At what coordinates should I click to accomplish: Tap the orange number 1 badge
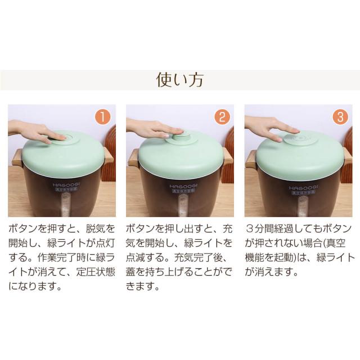(x=102, y=117)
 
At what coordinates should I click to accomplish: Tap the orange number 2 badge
(x=221, y=117)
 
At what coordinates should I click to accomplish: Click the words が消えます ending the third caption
(x=272, y=272)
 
